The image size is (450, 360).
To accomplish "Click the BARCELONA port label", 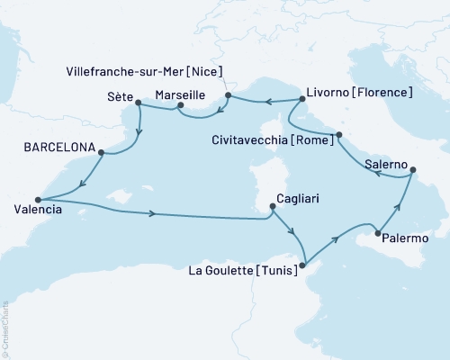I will tap(57, 143).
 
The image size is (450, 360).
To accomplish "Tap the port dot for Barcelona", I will tap(101, 152).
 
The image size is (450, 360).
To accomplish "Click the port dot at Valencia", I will tap(37, 200).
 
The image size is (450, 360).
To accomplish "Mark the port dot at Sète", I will tap(138, 103).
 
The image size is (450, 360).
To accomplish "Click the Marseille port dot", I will tap(180, 105).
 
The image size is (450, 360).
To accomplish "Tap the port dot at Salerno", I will tap(410, 168).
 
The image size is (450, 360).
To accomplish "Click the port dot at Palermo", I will tap(376, 236).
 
